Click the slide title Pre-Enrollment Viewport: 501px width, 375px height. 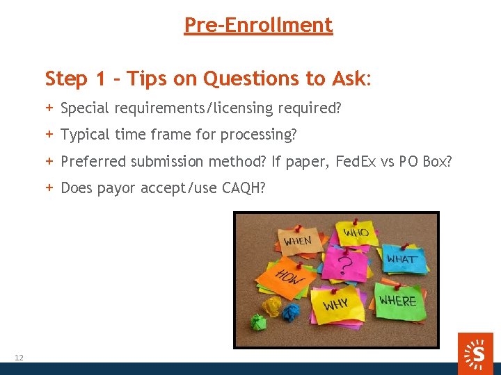[258, 26]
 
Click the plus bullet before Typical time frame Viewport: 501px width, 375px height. [49, 134]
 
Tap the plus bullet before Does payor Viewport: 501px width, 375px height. [49, 187]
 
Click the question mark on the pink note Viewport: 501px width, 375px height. [342, 265]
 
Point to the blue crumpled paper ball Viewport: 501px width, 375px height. [290, 311]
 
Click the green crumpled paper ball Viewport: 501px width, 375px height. [259, 322]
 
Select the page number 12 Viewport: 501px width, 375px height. [19, 358]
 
